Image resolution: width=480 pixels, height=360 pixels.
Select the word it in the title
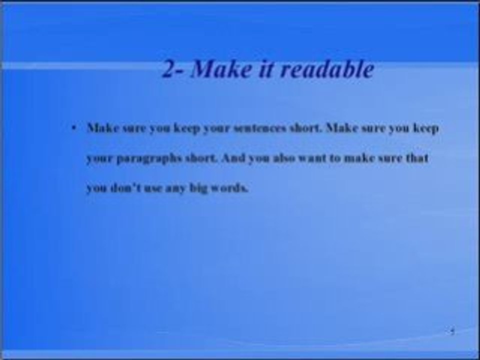265,69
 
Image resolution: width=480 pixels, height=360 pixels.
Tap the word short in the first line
307,128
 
